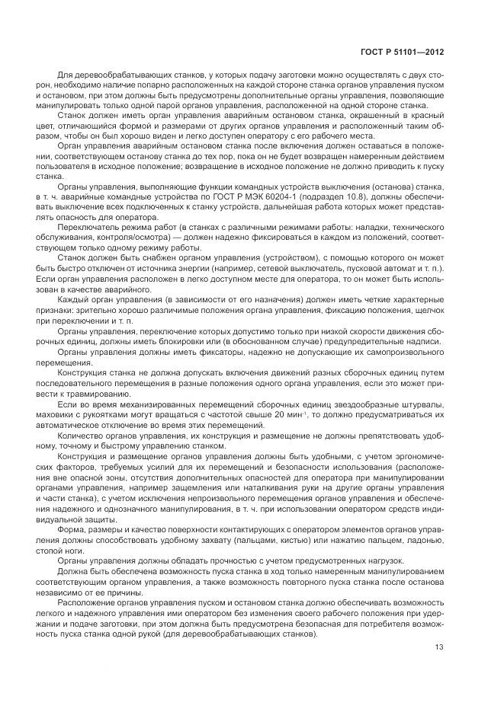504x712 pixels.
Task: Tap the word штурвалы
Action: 419,403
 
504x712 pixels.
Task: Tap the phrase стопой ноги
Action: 78,551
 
